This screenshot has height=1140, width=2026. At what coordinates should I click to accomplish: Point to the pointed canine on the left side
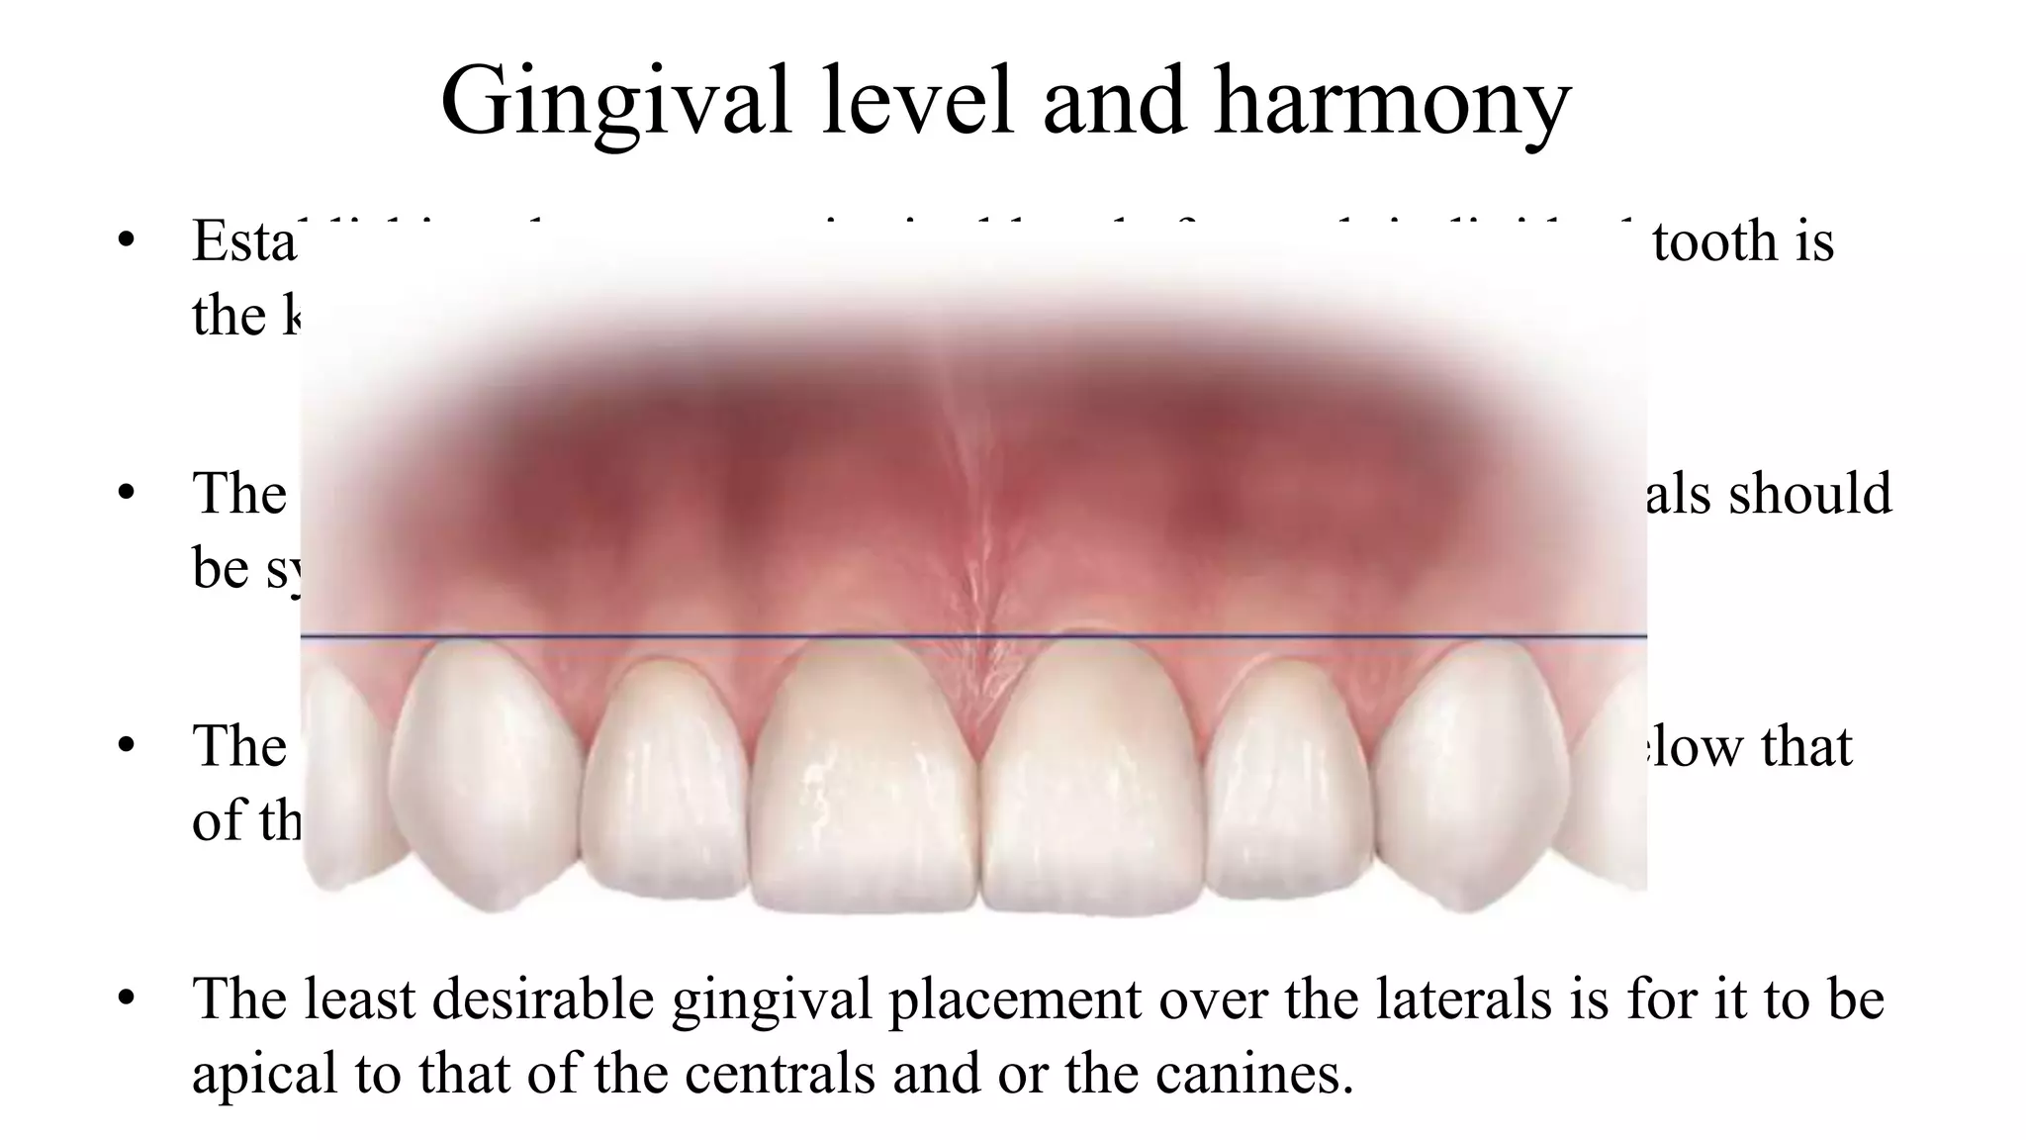click(x=485, y=772)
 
